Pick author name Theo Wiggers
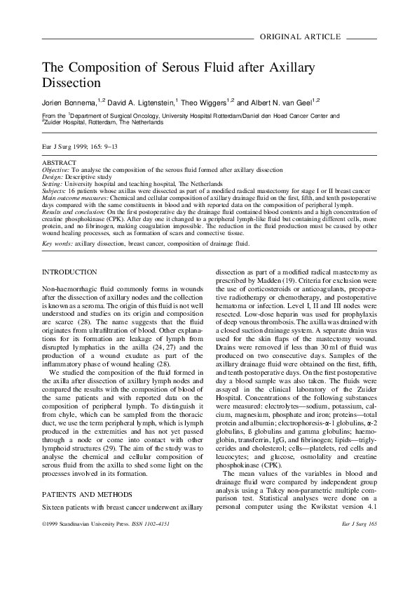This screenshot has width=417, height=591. point(212,102)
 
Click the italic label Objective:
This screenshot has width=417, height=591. point(56,170)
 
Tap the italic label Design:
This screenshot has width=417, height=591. point(52,175)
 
